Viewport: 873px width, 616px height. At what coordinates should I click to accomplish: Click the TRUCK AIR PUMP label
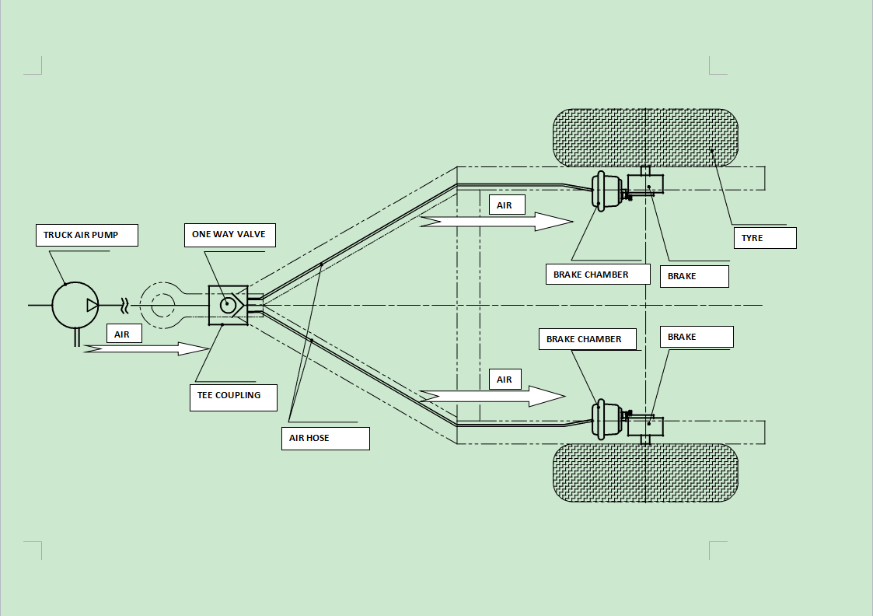pos(86,235)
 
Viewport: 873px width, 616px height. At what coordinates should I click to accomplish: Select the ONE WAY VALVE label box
pos(229,235)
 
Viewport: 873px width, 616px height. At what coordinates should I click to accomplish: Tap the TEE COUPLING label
pos(233,396)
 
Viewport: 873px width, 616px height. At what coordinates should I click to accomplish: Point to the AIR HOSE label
pos(324,439)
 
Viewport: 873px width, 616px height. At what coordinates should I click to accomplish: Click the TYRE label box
pos(765,238)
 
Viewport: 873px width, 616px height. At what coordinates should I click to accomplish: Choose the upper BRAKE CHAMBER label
pos(597,275)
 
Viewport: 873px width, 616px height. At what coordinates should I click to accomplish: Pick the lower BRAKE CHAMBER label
pos(587,339)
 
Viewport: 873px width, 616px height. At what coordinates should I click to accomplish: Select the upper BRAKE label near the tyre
pos(693,276)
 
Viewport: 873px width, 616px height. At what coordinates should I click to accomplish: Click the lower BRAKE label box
pos(696,337)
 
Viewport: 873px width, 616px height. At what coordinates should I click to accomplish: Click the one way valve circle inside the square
pos(228,305)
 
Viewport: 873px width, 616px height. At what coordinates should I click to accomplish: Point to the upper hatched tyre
pos(644,138)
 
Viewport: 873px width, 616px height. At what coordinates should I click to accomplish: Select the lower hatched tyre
pos(644,473)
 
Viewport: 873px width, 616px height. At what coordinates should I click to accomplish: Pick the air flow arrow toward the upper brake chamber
pos(496,222)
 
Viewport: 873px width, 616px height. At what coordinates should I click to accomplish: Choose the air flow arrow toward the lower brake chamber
pos(492,396)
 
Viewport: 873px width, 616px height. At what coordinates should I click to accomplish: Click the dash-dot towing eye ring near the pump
pos(162,305)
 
